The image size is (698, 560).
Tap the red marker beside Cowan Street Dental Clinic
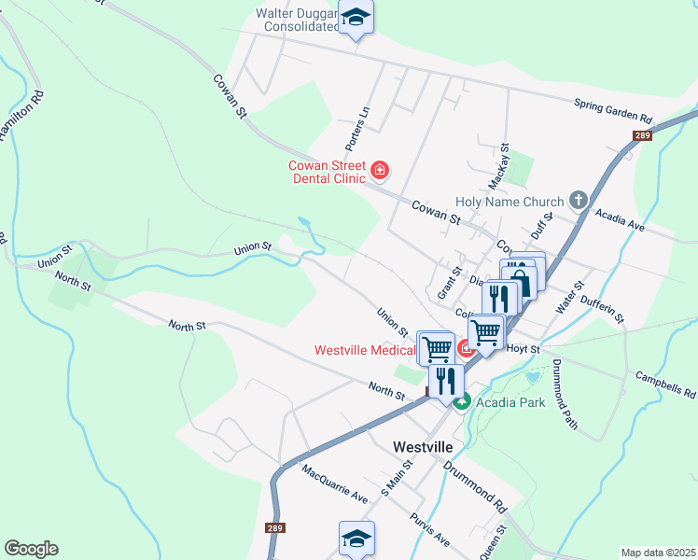[x=380, y=170]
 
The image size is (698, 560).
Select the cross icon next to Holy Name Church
[x=579, y=201]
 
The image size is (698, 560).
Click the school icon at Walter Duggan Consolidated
[x=356, y=19]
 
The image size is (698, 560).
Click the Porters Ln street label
[x=357, y=131]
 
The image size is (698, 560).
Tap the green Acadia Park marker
[x=462, y=401]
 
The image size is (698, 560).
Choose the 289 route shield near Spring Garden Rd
[x=640, y=136]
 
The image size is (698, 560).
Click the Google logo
[x=31, y=549]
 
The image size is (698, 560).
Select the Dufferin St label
[x=603, y=305]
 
